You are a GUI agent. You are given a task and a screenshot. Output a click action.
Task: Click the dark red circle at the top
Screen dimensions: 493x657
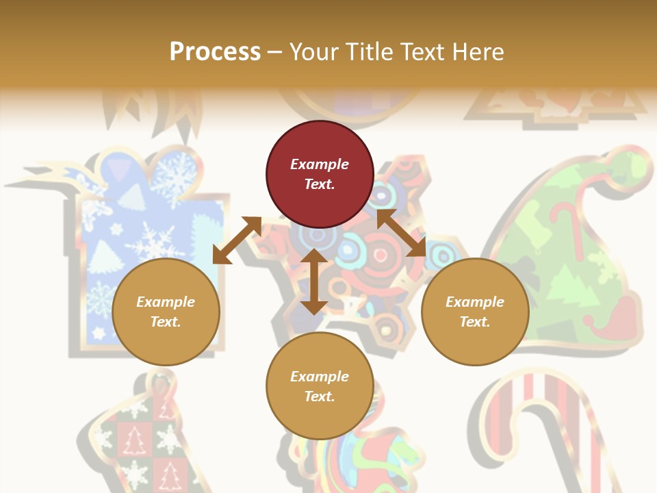(320, 175)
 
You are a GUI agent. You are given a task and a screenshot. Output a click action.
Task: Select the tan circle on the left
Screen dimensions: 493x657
(166, 312)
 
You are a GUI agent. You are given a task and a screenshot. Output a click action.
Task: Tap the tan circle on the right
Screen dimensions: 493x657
(475, 312)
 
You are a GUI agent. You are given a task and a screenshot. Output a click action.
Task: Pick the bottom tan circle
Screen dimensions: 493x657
(320, 386)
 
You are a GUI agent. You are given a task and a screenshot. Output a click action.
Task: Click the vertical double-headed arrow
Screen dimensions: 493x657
(314, 281)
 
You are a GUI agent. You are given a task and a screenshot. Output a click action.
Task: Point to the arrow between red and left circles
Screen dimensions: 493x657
(237, 240)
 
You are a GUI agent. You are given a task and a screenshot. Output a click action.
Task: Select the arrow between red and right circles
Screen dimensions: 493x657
(401, 233)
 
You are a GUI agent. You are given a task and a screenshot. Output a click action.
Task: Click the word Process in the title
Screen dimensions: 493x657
(215, 51)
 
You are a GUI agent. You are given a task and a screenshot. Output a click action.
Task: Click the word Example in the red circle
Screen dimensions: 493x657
(320, 164)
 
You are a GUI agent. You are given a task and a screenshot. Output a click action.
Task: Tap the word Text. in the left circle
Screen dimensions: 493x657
(166, 322)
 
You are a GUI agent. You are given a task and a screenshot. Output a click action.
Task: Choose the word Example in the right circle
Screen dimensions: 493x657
(475, 302)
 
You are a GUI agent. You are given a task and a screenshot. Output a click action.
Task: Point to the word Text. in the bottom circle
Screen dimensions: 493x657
(320, 396)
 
